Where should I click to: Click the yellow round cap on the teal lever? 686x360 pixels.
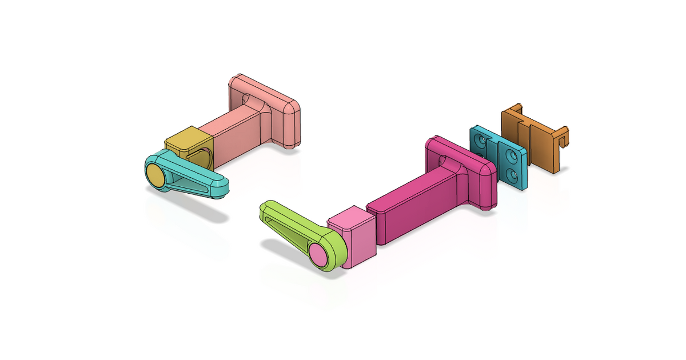tap(155, 174)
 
